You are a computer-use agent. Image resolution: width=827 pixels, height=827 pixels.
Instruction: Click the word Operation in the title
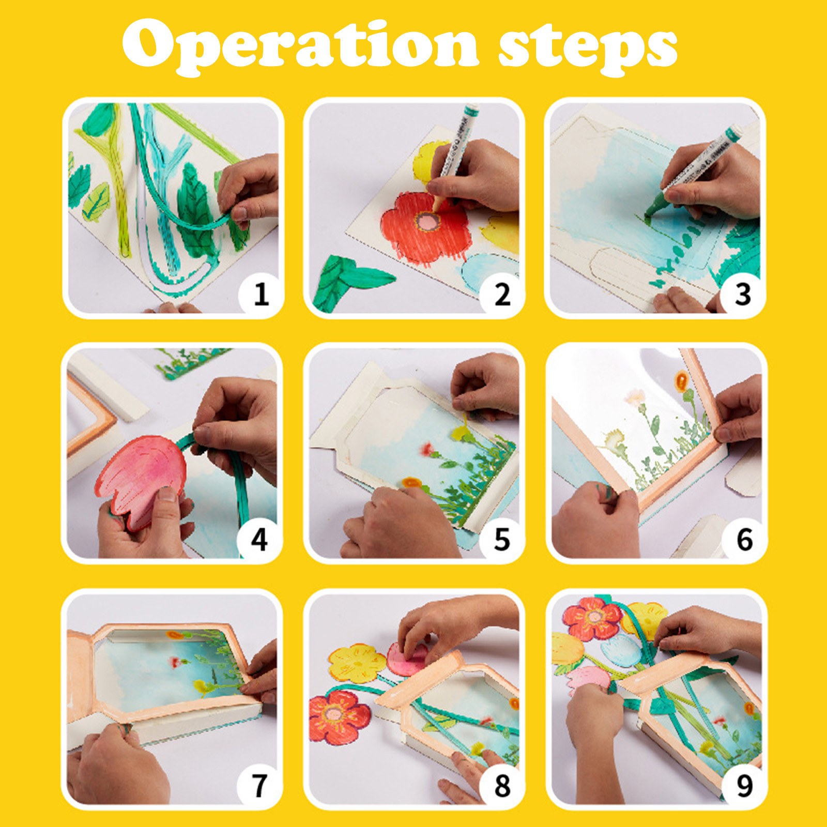point(300,48)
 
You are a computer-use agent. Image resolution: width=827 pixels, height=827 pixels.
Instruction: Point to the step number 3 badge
point(743,294)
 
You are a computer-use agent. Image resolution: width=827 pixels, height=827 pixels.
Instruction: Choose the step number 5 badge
point(502,539)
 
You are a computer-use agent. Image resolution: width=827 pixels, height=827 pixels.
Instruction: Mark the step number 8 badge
point(502,785)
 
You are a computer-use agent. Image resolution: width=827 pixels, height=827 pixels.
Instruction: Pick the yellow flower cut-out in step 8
point(357,663)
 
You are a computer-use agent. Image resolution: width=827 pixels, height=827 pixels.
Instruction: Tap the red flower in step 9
point(592,618)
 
